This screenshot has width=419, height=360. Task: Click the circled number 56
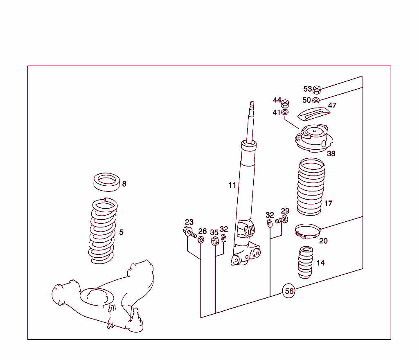pyautogui.click(x=289, y=291)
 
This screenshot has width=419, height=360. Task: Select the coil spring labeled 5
pyautogui.click(x=104, y=231)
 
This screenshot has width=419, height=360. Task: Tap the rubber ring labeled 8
pyautogui.click(x=107, y=182)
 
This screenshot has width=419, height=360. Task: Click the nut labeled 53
pyautogui.click(x=317, y=90)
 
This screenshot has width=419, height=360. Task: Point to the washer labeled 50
pyautogui.click(x=316, y=100)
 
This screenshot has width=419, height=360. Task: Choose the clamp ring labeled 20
pyautogui.click(x=308, y=231)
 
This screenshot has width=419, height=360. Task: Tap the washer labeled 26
pyautogui.click(x=201, y=240)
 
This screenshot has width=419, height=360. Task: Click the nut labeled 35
pyautogui.click(x=215, y=241)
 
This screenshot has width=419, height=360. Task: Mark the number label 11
pyautogui.click(x=232, y=185)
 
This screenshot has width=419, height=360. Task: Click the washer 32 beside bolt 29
pyautogui.click(x=270, y=223)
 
